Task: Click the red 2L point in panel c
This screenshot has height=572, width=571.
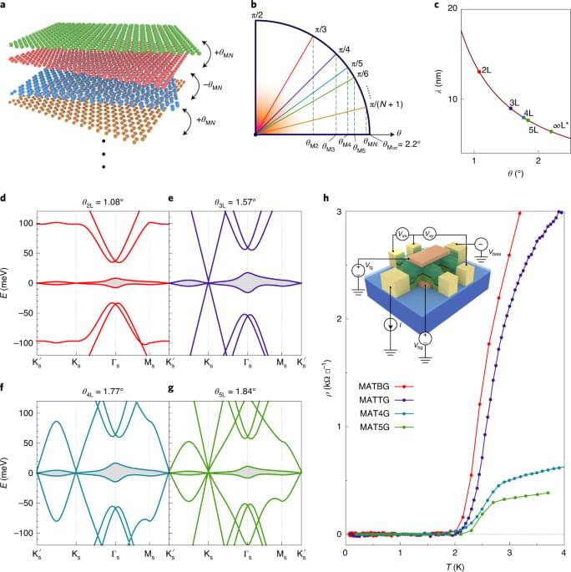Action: point(478,72)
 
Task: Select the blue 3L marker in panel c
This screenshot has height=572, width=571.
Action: point(511,109)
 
